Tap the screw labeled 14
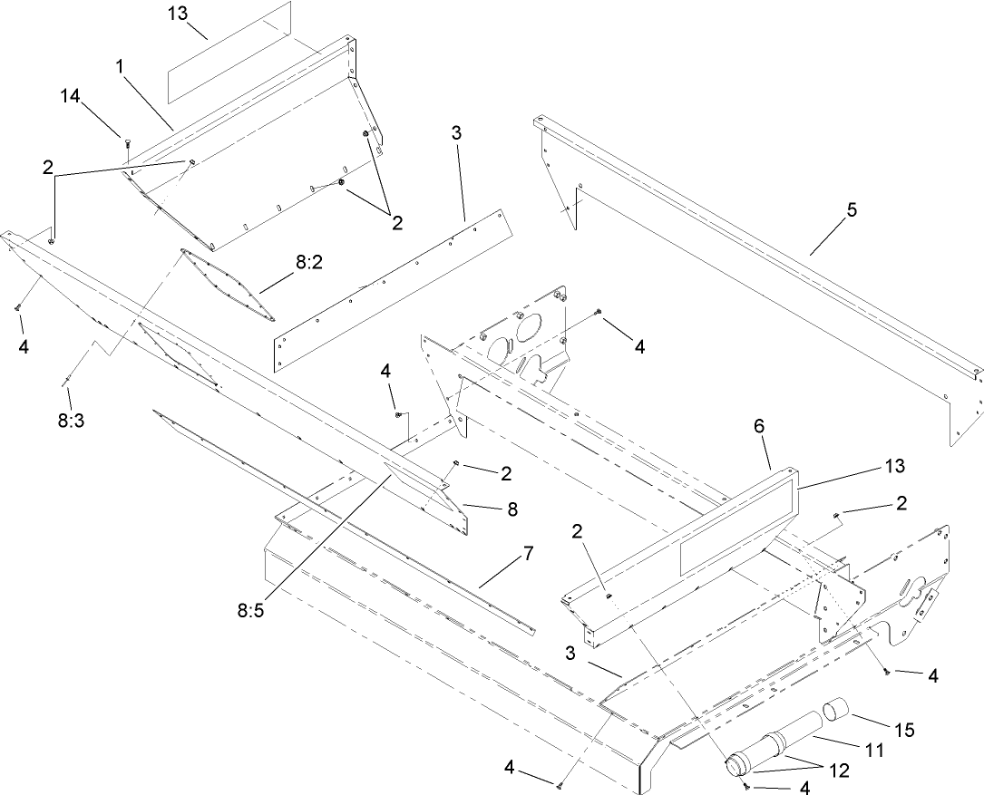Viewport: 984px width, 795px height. pos(125,140)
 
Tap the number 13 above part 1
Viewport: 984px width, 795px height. pos(180,15)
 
